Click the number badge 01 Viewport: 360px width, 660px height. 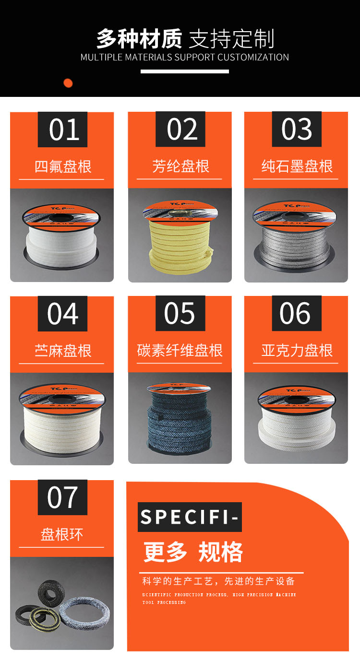tap(63, 130)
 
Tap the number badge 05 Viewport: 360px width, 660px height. tap(180, 314)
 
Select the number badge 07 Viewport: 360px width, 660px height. tap(63, 497)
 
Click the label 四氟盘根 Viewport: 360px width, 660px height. tap(63, 167)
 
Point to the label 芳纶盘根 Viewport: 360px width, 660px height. tap(180, 166)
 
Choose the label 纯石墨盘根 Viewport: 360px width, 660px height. tap(297, 166)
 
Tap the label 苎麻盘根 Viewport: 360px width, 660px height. tap(63, 351)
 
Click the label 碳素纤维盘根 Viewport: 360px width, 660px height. tap(180, 351)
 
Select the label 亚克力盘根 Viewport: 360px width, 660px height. tap(297, 351)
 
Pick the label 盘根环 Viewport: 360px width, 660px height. tap(62, 534)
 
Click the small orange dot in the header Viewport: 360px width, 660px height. tap(68, 83)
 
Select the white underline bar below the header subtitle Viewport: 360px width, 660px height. tap(185, 71)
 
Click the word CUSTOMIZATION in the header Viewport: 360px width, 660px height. tap(253, 58)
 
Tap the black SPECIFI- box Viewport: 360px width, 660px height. tap(190, 517)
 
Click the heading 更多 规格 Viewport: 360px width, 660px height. tap(193, 553)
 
